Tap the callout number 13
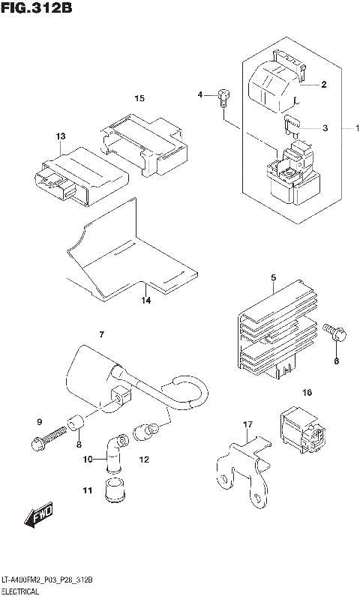(61, 136)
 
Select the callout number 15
(139, 98)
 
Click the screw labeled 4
(223, 96)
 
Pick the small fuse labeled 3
(292, 125)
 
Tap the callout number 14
(146, 301)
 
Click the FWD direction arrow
(37, 516)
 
